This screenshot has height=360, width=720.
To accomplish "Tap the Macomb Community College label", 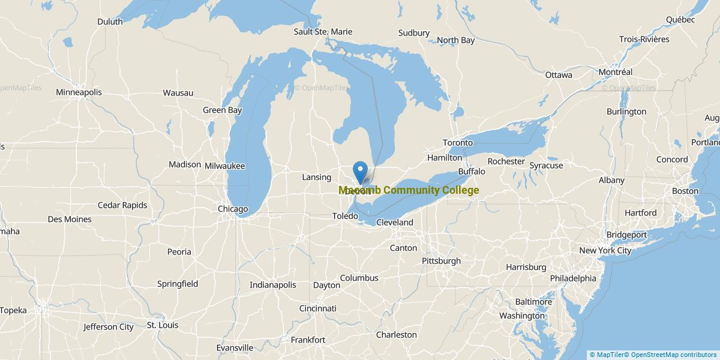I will [409, 190].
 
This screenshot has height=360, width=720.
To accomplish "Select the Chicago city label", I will [233, 209].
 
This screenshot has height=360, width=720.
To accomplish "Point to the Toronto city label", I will [458, 143].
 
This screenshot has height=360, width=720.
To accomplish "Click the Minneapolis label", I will [79, 92].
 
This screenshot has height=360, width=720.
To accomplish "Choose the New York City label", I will [605, 250].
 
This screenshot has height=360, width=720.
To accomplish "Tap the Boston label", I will [685, 191].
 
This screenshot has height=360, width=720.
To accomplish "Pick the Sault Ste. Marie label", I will [323, 31].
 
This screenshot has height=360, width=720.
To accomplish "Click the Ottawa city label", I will [559, 75].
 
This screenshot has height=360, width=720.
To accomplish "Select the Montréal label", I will [615, 72].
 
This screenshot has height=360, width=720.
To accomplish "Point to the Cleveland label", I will [395, 222].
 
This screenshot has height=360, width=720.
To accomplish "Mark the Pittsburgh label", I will [441, 261].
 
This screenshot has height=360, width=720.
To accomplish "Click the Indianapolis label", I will [273, 285].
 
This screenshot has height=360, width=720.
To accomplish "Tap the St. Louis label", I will [163, 325].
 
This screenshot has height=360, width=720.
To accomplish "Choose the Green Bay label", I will [222, 110].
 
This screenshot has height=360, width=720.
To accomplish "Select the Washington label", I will [521, 316].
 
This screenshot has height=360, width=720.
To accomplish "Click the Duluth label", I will [110, 22].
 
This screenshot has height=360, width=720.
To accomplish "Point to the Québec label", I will [680, 19].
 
